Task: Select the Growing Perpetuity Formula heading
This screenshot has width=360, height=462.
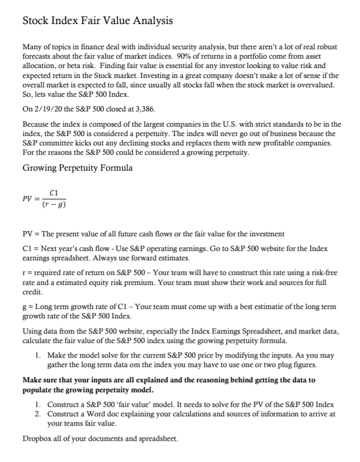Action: click(x=77, y=168)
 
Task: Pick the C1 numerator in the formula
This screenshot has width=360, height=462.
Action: click(x=55, y=193)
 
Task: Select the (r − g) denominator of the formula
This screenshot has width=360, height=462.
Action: click(x=55, y=205)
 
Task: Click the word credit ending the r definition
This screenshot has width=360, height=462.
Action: click(x=32, y=291)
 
